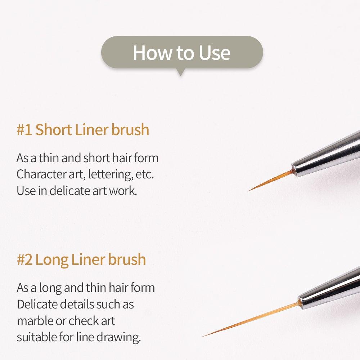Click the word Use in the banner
[x=212, y=53]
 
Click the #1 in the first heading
[x=24, y=130]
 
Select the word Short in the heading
[x=53, y=130]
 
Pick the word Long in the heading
[x=52, y=259]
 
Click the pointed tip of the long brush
[x=203, y=336]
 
